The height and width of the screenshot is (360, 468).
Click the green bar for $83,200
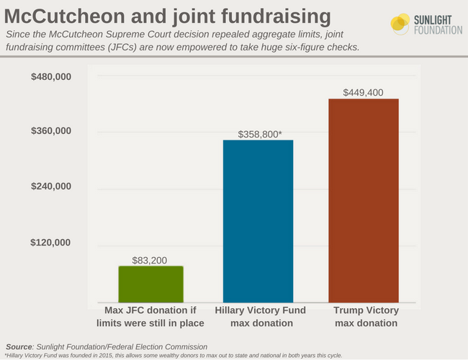(150, 284)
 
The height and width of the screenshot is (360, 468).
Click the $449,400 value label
(364, 92)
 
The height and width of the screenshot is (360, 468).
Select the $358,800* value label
(258, 134)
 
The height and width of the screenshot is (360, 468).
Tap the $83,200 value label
(151, 260)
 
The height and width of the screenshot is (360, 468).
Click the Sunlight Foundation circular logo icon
(400, 23)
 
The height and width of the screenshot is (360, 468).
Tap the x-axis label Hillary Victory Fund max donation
(258, 317)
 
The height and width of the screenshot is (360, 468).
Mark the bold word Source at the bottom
(19, 346)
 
